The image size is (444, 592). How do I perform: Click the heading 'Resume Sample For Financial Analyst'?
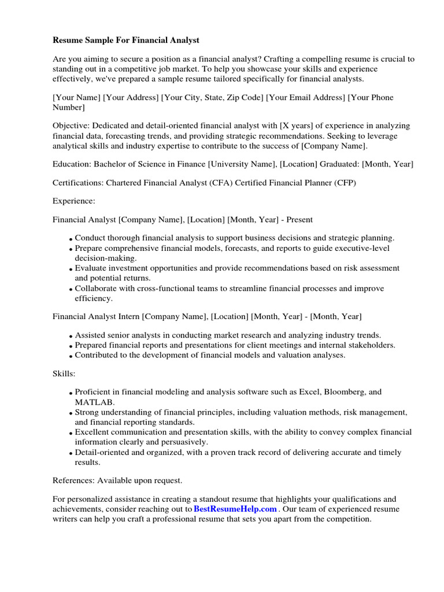126,40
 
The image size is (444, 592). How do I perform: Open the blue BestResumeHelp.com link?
235,509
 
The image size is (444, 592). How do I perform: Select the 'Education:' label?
72,164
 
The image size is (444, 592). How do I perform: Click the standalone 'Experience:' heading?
74,201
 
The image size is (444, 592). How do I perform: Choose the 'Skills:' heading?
64,374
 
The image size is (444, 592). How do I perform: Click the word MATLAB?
94,401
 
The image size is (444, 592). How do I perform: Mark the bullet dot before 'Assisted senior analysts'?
71,336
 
